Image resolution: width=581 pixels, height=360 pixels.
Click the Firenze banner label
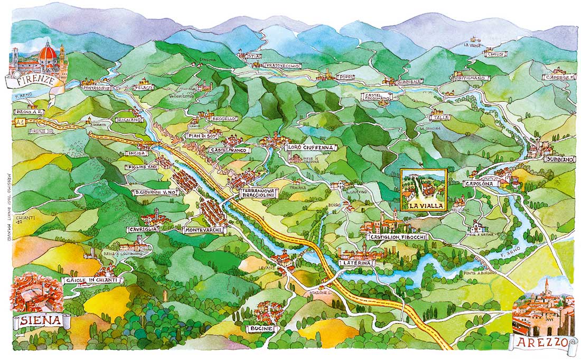[x=30, y=81]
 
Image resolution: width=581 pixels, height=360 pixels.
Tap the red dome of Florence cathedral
[x=48, y=52]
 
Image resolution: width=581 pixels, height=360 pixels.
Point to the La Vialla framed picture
[x=424, y=190]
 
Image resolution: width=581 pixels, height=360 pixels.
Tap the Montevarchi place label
[x=204, y=230]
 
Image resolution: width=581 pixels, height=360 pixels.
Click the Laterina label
[x=357, y=262]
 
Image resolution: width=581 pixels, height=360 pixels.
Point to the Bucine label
[x=262, y=328]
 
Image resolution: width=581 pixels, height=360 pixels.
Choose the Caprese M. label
[x=559, y=77]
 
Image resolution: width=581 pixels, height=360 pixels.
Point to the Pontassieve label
[x=96, y=88]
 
